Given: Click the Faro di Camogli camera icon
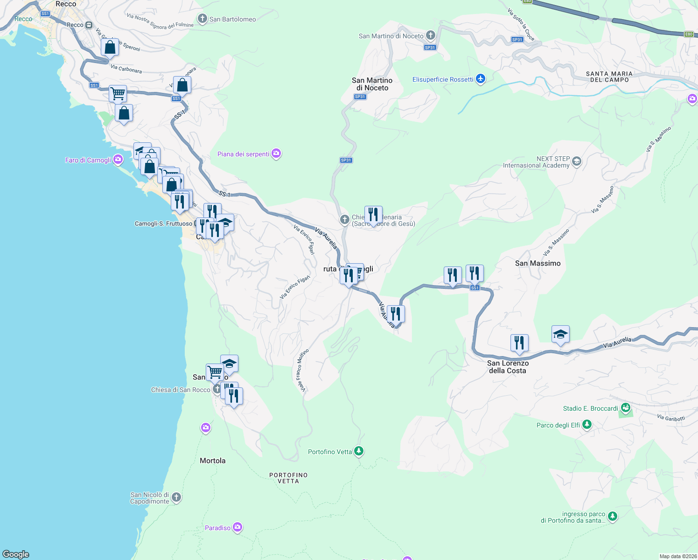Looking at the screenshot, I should click(x=118, y=160).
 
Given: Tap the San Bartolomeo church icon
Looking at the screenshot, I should click(x=202, y=19).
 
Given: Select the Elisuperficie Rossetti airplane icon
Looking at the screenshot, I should click(x=481, y=79).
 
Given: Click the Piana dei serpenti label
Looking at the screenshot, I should click(x=244, y=154).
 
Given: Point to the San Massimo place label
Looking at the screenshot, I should click(x=537, y=263).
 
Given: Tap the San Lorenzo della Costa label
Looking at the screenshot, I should click(x=508, y=367).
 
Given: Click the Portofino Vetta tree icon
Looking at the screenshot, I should click(x=358, y=451).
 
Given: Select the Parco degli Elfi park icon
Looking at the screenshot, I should click(x=587, y=425).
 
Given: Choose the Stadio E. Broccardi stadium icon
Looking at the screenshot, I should click(x=626, y=408).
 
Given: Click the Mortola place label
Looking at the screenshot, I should click(x=212, y=461).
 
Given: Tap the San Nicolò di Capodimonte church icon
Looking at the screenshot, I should click(x=176, y=497).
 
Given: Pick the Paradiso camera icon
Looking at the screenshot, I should click(x=237, y=527).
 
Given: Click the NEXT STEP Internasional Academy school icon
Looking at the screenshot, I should click(x=577, y=161).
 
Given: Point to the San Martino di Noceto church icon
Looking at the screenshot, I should click(x=430, y=35).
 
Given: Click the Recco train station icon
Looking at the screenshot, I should click(x=89, y=25).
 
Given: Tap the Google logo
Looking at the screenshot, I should click(x=16, y=554).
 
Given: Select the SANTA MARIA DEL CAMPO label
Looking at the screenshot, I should click(x=609, y=77).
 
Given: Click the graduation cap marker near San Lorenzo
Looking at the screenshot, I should click(x=560, y=334).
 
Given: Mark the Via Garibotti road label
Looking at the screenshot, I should click(x=670, y=418).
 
